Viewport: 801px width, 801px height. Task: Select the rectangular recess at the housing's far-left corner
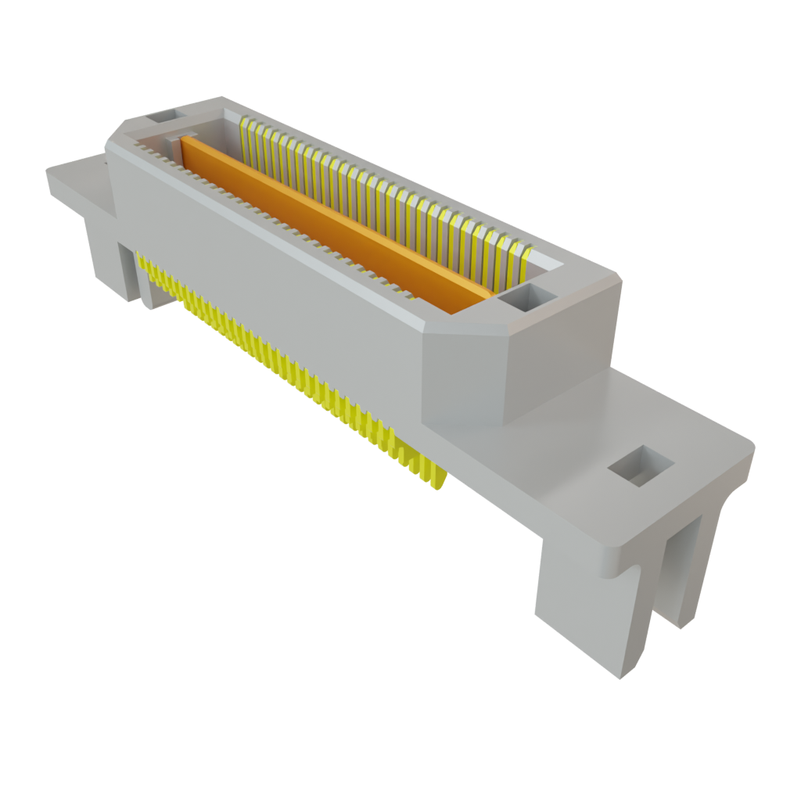pos(165,117)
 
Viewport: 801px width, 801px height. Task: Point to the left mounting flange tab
pos(74,178)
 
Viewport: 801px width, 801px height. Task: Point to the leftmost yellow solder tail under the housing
pos(142,262)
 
